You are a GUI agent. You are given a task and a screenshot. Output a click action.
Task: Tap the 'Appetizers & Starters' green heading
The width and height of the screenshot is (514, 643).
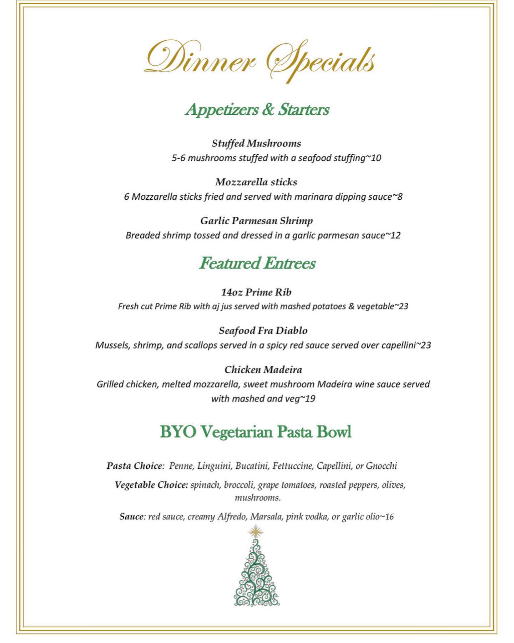pyautogui.click(x=257, y=109)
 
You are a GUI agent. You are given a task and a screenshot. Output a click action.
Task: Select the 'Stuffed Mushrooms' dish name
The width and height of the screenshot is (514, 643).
pyautogui.click(x=256, y=143)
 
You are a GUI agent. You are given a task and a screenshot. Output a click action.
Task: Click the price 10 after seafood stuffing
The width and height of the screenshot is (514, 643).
pyautogui.click(x=376, y=158)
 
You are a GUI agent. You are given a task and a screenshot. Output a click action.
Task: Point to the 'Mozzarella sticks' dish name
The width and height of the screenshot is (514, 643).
pyautogui.click(x=256, y=182)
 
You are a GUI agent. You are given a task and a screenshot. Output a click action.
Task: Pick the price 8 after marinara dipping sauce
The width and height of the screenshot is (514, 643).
pyautogui.click(x=400, y=197)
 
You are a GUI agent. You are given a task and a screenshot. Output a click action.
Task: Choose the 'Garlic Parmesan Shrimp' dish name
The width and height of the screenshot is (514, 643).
pyautogui.click(x=256, y=221)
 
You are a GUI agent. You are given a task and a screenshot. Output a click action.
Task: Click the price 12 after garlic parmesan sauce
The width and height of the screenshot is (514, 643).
pyautogui.click(x=395, y=235)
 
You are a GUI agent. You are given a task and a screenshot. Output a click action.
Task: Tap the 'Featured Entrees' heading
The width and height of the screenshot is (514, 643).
pyautogui.click(x=257, y=263)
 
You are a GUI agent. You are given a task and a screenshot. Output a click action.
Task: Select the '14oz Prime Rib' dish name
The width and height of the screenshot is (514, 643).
pyautogui.click(x=256, y=292)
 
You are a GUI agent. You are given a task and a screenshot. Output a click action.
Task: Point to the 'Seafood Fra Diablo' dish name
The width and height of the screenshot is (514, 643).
pyautogui.click(x=263, y=331)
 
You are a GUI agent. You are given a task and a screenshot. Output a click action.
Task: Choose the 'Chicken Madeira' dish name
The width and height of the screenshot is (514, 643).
pyautogui.click(x=263, y=369)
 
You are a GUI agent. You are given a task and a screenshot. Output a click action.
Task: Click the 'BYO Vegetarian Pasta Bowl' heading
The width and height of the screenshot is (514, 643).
pyautogui.click(x=256, y=432)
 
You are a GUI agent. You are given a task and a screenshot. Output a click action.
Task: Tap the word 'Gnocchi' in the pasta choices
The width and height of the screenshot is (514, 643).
pyautogui.click(x=382, y=466)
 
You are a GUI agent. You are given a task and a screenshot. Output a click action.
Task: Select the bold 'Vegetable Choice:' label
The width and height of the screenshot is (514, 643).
pyautogui.click(x=151, y=485)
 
